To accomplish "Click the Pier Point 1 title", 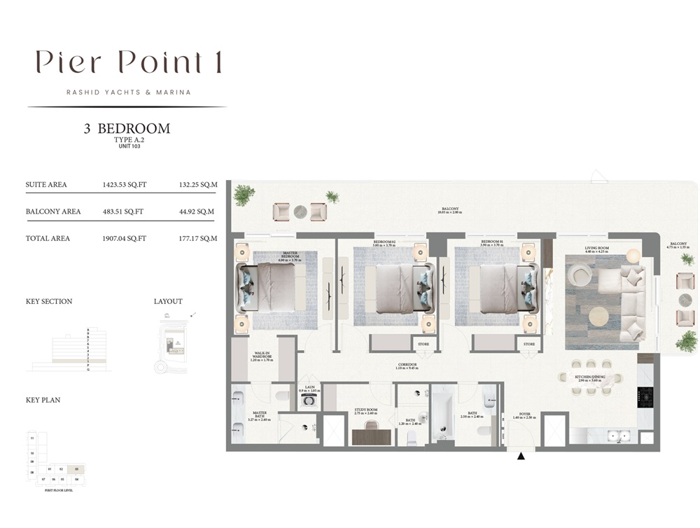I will click(129, 63).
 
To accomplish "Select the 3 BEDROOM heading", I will click(127, 129).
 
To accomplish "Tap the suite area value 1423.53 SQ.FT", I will click(124, 185).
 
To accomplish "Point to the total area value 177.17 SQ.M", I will click(198, 238).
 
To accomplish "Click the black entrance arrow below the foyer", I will click(520, 457).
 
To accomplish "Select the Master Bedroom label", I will click(290, 255).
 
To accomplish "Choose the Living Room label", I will click(597, 249).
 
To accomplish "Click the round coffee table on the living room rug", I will click(598, 317).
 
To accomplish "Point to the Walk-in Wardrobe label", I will click(262, 357).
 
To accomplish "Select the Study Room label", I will click(365, 412).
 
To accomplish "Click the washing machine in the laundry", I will click(309, 402).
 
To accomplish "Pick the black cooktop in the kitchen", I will click(645, 396).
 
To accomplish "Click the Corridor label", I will click(407, 366).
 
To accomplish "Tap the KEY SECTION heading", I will click(49, 302).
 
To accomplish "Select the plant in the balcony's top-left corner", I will click(244, 195).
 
